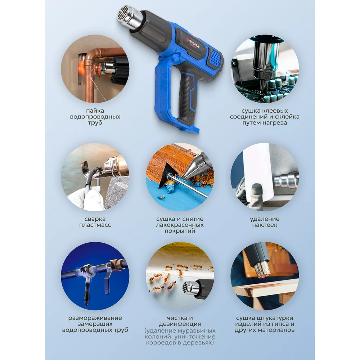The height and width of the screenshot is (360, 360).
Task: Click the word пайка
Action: pos(95,111)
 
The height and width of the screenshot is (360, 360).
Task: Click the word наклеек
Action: pos(265,225)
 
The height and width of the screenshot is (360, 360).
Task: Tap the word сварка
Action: pos(95,219)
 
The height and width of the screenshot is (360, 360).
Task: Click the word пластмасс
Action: pos(95,225)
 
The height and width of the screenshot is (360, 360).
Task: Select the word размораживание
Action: pos(95,318)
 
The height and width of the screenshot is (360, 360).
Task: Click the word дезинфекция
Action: pos(180,324)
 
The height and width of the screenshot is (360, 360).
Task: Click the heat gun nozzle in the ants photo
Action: pos(190,288)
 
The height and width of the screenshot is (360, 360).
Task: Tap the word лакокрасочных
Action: pos(180,225)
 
